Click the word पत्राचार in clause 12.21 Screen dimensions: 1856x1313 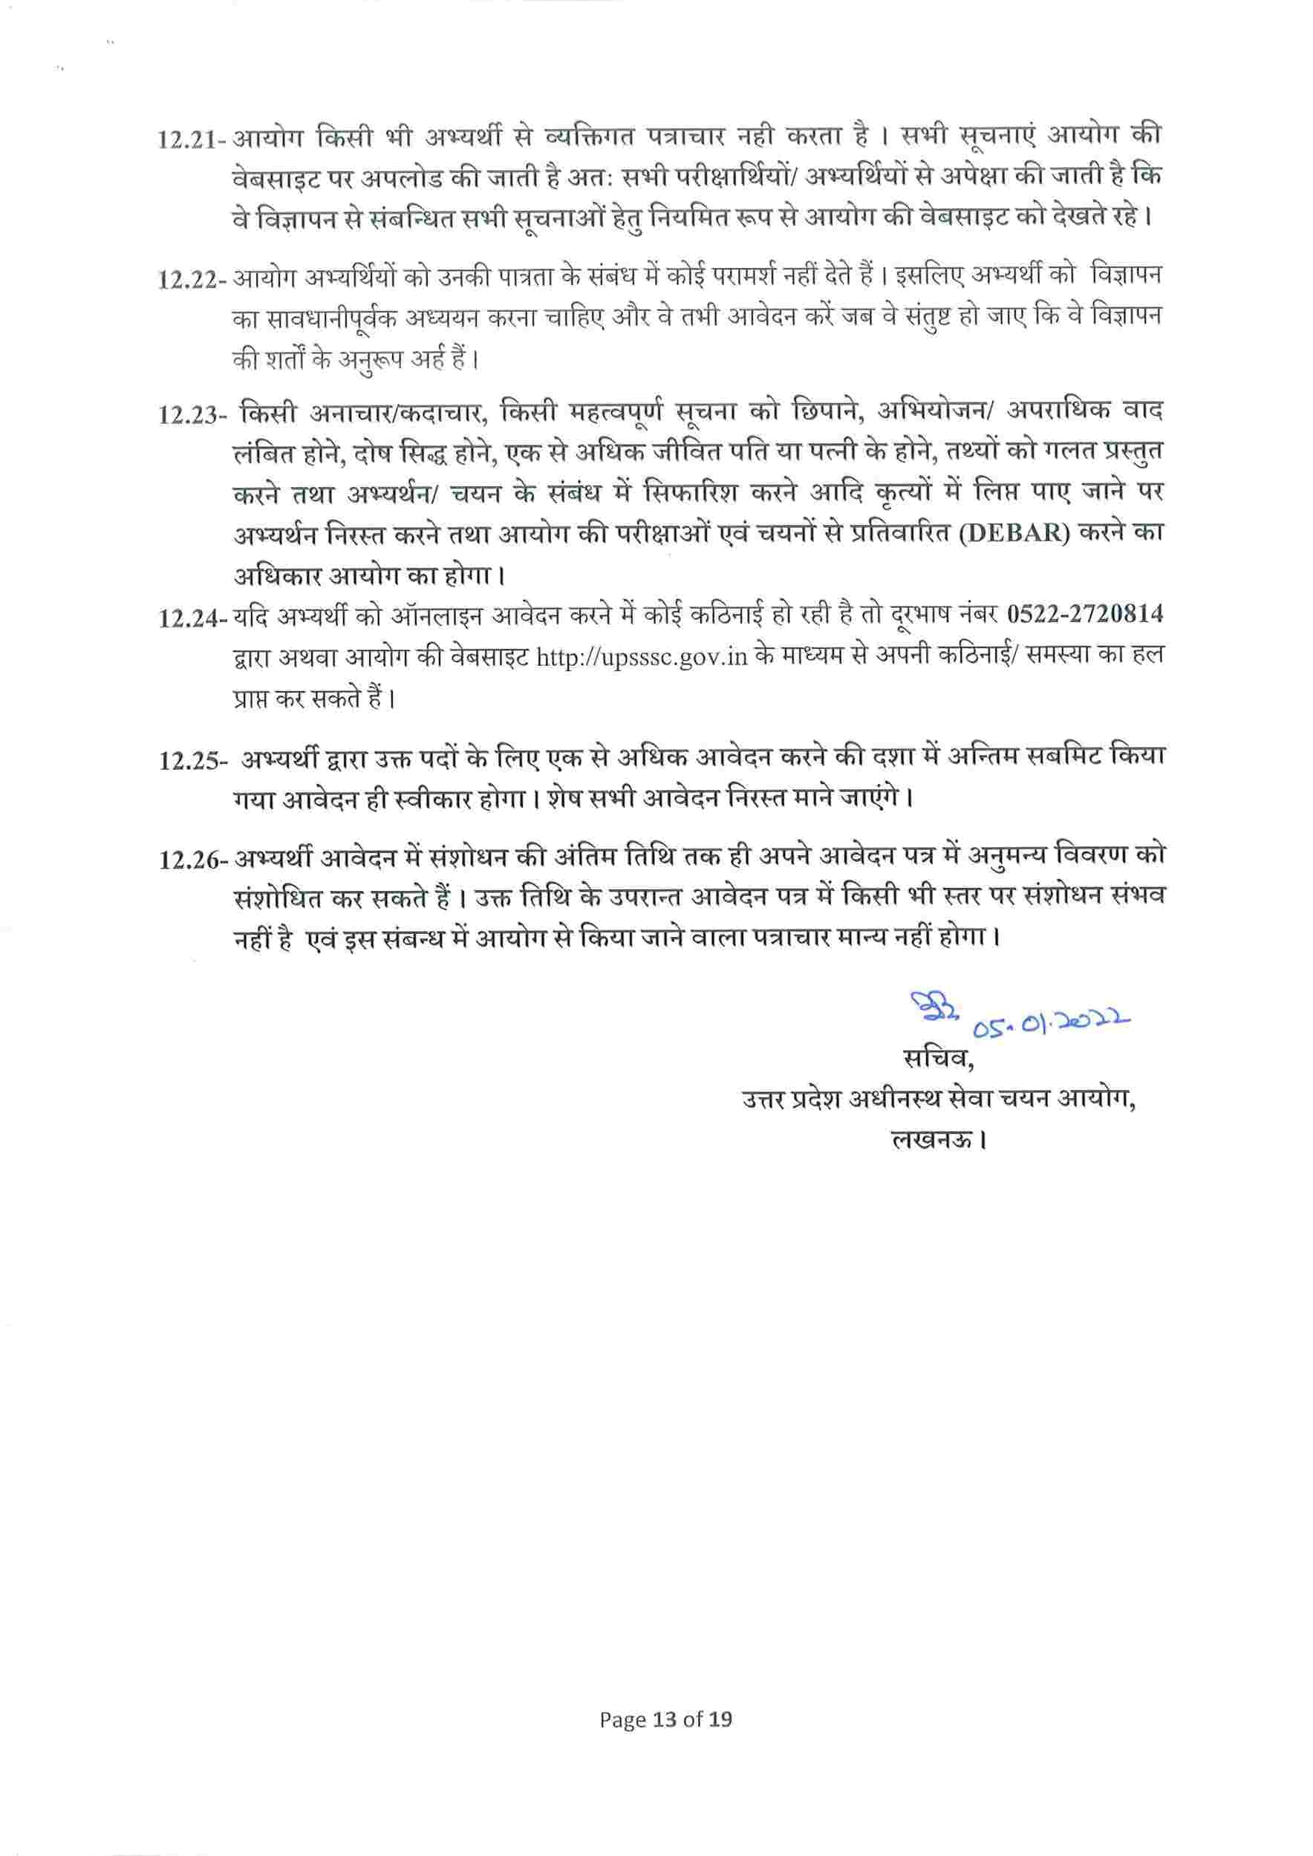coord(674,137)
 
